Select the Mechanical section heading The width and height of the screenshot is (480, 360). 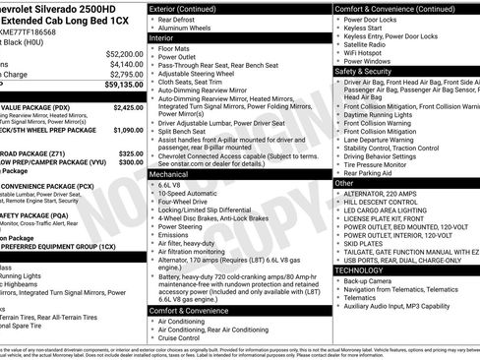click(171, 173)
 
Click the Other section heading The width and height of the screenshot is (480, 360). click(344, 183)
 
